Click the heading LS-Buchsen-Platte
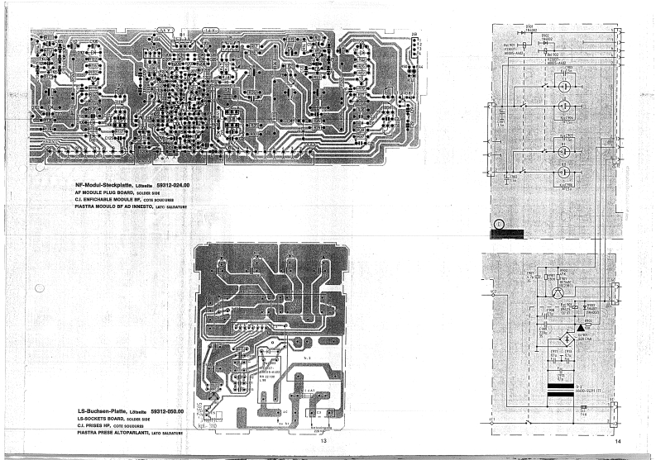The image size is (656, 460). coord(103,410)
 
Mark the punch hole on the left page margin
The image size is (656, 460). coord(39,289)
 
